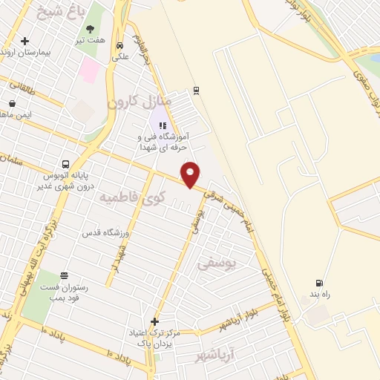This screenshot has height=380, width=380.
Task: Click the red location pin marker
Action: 191,174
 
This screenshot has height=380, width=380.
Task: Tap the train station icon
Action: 196,90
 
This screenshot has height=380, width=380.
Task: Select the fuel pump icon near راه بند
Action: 320,283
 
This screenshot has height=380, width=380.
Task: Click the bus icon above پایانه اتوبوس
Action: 66,165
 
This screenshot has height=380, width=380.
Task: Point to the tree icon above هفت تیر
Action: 91,30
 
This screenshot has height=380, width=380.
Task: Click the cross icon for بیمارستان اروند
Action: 25,41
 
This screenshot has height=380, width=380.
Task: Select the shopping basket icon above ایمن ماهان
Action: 12,104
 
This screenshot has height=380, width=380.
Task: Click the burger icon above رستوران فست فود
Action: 65,276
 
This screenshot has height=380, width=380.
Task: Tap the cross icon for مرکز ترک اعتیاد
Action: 154,321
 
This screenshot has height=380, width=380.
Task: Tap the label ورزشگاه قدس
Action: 105,232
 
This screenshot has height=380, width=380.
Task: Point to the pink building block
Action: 90,71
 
